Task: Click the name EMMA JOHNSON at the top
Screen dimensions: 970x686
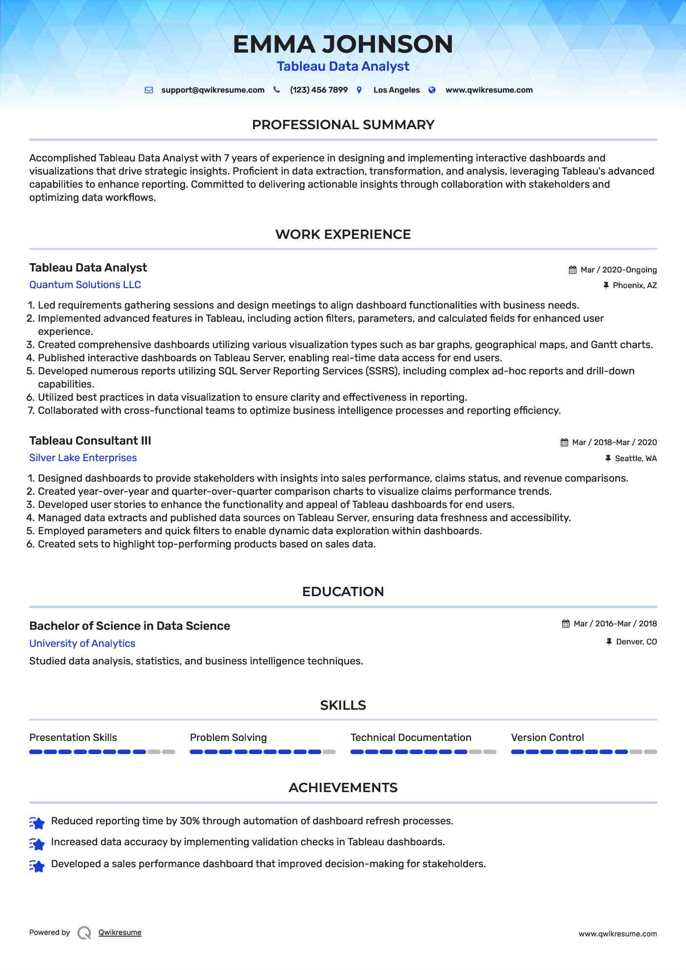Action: pyautogui.click(x=343, y=44)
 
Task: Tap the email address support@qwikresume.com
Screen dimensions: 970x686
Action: pyautogui.click(x=213, y=90)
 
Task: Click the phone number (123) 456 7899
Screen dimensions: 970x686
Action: pyautogui.click(x=318, y=90)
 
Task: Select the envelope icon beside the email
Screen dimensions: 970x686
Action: pyautogui.click(x=149, y=90)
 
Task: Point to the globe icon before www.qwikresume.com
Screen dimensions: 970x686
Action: pyautogui.click(x=432, y=90)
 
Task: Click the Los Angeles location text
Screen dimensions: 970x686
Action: pyautogui.click(x=396, y=90)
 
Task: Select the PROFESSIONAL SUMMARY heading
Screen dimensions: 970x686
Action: pyautogui.click(x=343, y=125)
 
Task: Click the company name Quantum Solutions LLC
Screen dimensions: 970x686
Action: pyautogui.click(x=85, y=285)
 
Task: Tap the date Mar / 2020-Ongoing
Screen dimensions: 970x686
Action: pyautogui.click(x=618, y=270)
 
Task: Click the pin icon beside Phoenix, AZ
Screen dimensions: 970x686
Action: pyautogui.click(x=606, y=286)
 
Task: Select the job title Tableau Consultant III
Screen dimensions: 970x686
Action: pyautogui.click(x=90, y=441)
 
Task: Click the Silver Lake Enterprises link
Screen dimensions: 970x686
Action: pyautogui.click(x=83, y=458)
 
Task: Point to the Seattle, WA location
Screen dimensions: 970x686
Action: pyautogui.click(x=635, y=459)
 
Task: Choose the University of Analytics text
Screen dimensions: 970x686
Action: pyautogui.click(x=82, y=643)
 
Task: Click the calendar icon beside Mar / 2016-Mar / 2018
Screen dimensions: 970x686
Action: pyautogui.click(x=566, y=624)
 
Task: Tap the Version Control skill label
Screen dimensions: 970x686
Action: pyautogui.click(x=547, y=737)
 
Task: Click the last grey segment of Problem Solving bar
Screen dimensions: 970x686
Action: pyautogui.click(x=330, y=752)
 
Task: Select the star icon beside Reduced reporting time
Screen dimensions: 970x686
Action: pyautogui.click(x=37, y=823)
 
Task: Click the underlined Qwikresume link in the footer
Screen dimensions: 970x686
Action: pyautogui.click(x=120, y=932)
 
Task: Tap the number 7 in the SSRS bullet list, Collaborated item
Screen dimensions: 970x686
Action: pyautogui.click(x=31, y=411)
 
